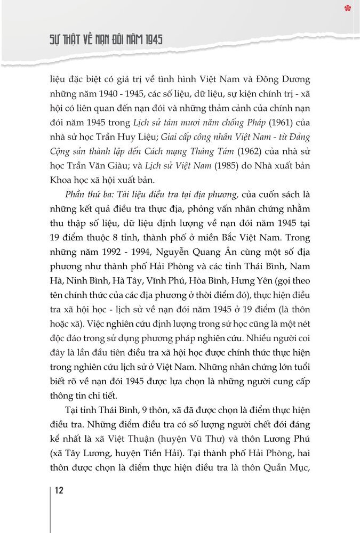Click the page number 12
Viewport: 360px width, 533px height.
[59, 490]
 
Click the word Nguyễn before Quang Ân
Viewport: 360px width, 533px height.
[179, 269]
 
